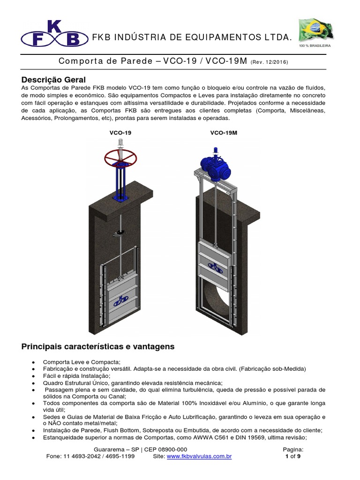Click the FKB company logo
coord(53,34)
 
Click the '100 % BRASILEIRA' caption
coord(315,46)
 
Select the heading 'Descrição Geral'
coord(54,79)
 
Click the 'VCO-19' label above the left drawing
coord(120,133)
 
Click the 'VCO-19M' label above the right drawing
coord(224,133)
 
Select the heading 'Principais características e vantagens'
coord(98,347)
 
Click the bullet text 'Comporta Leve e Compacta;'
coord(82,362)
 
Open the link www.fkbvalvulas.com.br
coord(199,456)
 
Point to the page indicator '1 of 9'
coord(292,456)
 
